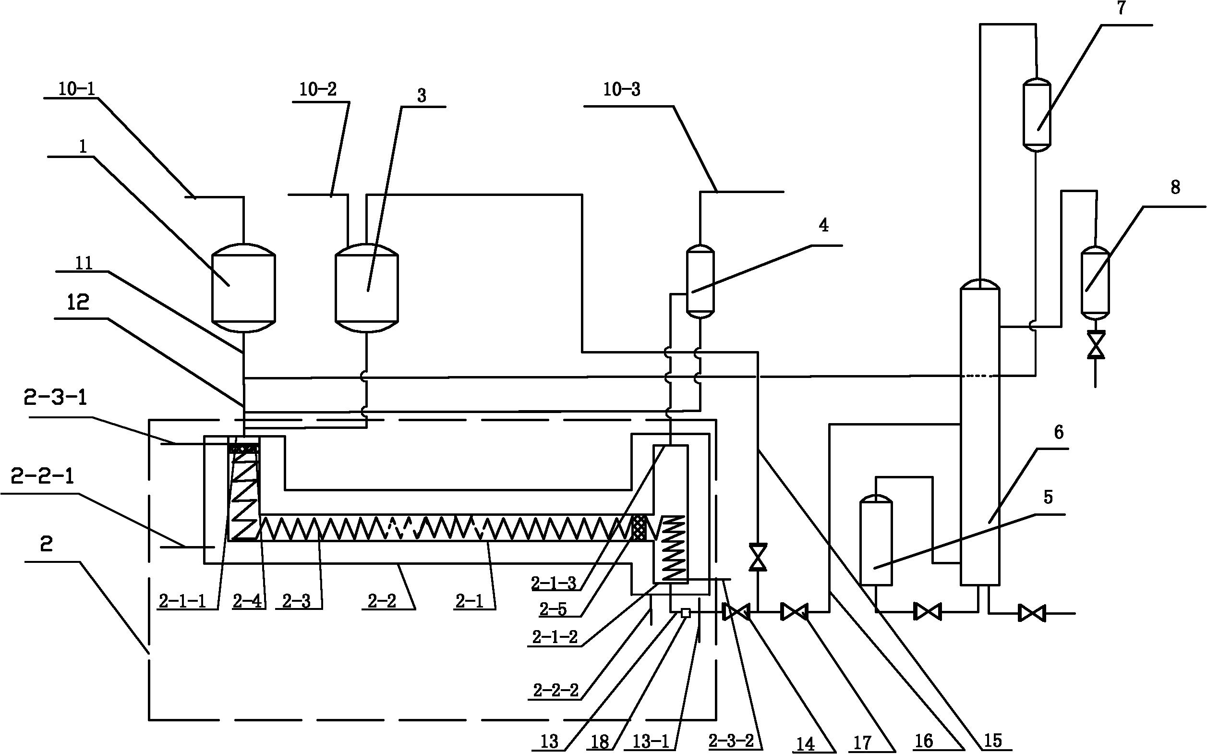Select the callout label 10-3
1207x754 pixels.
pos(621,90)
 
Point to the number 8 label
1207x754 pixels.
pos(1175,187)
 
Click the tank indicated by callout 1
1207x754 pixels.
pos(244,288)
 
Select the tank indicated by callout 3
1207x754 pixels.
pos(366,288)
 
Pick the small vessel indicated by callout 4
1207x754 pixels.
pos(700,281)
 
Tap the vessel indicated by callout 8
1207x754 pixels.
pos(1095,283)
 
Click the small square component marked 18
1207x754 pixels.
pos(686,613)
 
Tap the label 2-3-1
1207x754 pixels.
pos(55,399)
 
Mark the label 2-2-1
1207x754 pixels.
pos(42,477)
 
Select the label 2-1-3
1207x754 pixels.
pos(554,583)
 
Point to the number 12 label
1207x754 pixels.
pos(78,302)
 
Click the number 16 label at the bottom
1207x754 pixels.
pos(923,741)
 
